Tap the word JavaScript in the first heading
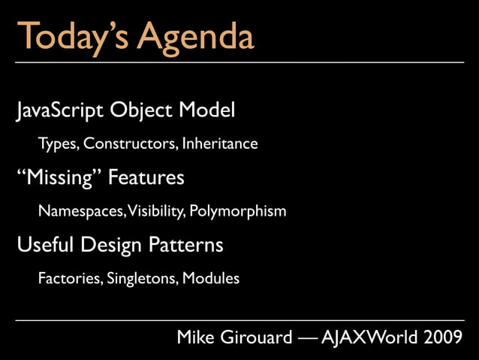tap(59, 111)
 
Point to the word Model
tap(206, 111)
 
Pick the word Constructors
tap(131, 144)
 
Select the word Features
tap(146, 178)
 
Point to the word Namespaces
tap(82, 211)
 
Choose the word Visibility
tap(156, 211)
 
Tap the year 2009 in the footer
tap(443, 338)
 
